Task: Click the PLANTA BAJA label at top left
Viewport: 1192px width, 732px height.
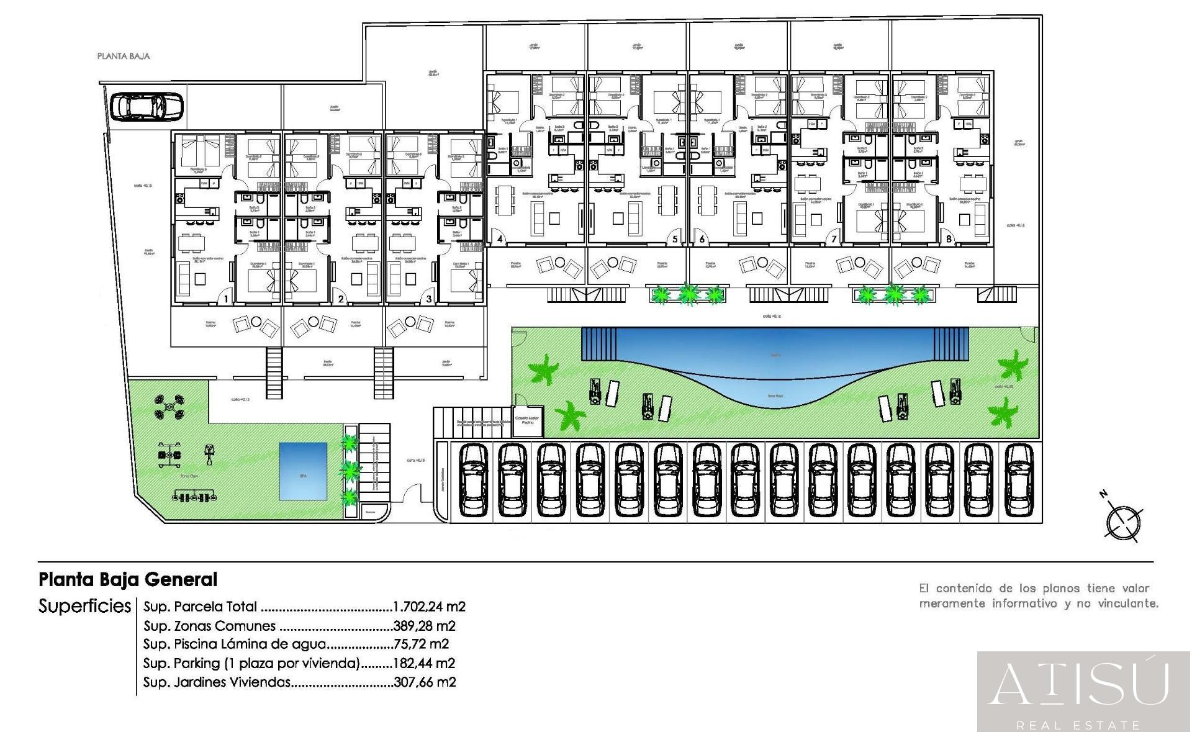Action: tap(124, 56)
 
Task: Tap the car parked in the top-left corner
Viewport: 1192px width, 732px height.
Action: tap(147, 106)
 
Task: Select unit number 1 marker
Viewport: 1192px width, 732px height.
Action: tap(227, 299)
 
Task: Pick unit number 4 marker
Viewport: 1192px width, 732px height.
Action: tap(499, 239)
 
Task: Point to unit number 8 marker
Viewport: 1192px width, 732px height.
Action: tap(949, 239)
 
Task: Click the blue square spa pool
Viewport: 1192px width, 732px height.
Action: tap(303, 471)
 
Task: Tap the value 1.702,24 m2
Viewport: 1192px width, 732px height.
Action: tap(429, 607)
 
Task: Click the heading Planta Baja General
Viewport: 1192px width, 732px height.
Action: tap(128, 580)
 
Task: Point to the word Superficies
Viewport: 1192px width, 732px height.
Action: tap(84, 606)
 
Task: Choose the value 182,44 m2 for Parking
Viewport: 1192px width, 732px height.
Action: tap(424, 663)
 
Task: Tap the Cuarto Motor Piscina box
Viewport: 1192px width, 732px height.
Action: tap(527, 420)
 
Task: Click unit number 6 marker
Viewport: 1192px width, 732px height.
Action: tap(702, 239)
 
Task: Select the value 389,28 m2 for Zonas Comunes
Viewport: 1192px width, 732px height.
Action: tap(424, 626)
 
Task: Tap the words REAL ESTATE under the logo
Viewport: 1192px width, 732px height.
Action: tap(1078, 725)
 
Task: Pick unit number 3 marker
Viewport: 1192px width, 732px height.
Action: tap(429, 299)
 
